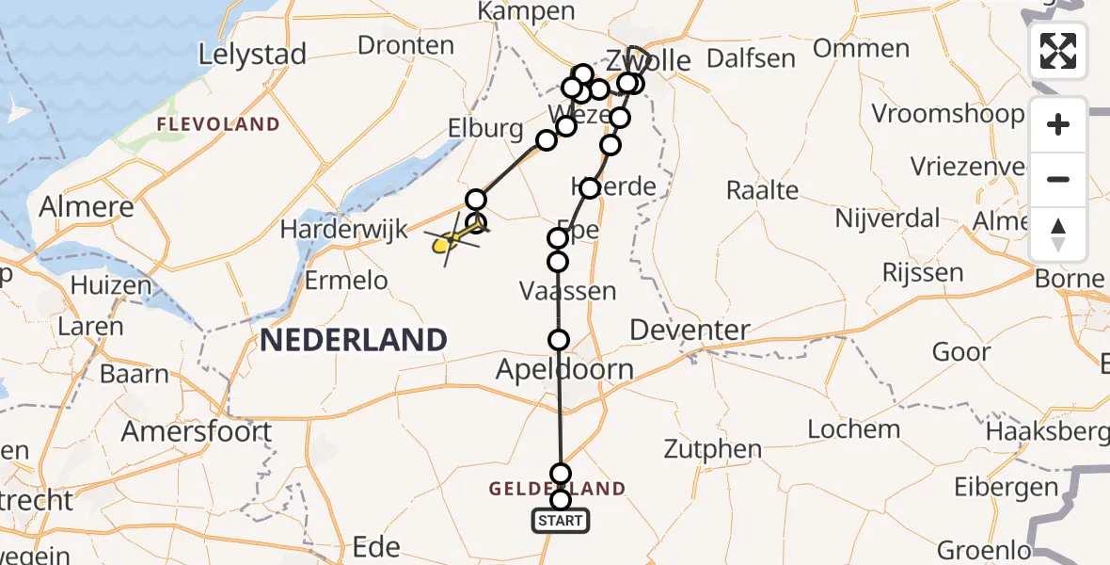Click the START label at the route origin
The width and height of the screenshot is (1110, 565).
[x=561, y=521]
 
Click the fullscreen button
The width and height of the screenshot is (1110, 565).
[x=1058, y=50]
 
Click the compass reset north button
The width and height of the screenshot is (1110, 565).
[x=1058, y=234]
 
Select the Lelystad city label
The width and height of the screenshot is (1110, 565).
[x=252, y=55]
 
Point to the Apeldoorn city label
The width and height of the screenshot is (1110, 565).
[x=565, y=369]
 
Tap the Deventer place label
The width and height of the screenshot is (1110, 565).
[x=690, y=331]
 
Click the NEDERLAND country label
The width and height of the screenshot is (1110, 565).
[x=354, y=340]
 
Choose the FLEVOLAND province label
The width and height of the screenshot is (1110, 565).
[x=218, y=124]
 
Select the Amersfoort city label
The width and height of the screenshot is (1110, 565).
[x=197, y=431]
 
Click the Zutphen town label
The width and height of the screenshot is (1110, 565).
[x=712, y=449]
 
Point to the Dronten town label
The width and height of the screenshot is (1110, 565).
[x=406, y=45]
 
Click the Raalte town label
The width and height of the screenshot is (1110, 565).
[x=762, y=190]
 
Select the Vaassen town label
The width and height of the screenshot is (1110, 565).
[x=568, y=291]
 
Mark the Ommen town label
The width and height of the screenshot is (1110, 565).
[x=861, y=48]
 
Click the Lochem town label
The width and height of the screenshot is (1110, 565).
[x=854, y=429]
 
